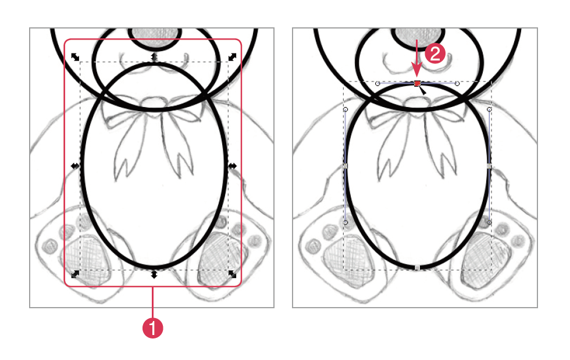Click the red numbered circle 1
pyautogui.click(x=152, y=328)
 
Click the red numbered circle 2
pyautogui.click(x=435, y=54)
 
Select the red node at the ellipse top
pyautogui.click(x=417, y=84)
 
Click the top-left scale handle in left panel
pyautogui.click(x=75, y=57)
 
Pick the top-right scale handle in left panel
pyautogui.click(x=232, y=57)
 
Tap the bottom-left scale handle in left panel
pyautogui.click(x=75, y=274)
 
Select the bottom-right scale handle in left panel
pyautogui.click(x=232, y=274)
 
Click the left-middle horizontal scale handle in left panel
pyautogui.click(x=75, y=166)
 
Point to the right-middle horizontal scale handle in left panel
pyautogui.click(x=232, y=166)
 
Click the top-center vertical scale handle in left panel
pyautogui.click(x=154, y=57)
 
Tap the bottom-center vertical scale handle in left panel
pyautogui.click(x=154, y=274)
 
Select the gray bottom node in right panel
pyautogui.click(x=418, y=268)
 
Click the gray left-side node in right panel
pyautogui.click(x=345, y=166)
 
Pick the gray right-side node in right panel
pyautogui.click(x=489, y=166)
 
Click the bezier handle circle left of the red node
pyautogui.click(x=377, y=84)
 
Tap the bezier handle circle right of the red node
pyautogui.click(x=457, y=84)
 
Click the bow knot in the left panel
pyautogui.click(x=154, y=103)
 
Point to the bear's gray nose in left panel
pyautogui.click(x=154, y=37)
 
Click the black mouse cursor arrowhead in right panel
pyautogui.click(x=422, y=90)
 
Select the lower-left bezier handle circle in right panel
pyautogui.click(x=345, y=223)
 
